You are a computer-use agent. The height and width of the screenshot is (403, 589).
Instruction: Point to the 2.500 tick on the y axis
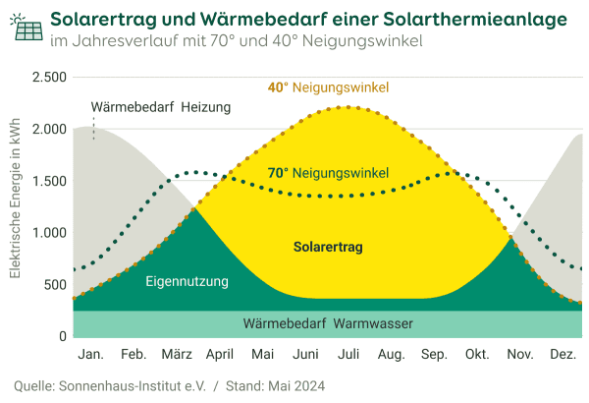[x=48, y=78]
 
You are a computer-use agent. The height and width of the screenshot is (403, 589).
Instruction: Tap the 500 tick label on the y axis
[x=54, y=285]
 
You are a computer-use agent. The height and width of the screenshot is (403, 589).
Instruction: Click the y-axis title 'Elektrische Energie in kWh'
[x=16, y=206]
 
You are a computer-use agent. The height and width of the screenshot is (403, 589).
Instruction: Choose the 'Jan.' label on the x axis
[x=90, y=354]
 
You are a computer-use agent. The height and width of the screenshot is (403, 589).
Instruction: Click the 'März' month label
[x=177, y=354]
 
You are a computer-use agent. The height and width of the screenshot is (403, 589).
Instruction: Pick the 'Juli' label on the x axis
[x=348, y=354]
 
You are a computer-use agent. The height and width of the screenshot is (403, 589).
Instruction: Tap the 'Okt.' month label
[x=477, y=354]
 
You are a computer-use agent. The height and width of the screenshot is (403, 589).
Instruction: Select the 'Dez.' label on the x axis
[x=562, y=354]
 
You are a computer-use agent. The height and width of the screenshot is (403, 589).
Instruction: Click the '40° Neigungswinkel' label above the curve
[x=328, y=87]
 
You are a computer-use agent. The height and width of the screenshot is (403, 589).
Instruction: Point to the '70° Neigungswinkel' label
[x=328, y=173]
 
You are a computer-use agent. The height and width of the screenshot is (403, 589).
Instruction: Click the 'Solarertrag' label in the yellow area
[x=328, y=248]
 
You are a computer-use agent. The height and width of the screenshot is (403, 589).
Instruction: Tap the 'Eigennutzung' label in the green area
[x=187, y=282]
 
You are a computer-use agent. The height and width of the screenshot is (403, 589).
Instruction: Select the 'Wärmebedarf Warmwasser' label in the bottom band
[x=328, y=323]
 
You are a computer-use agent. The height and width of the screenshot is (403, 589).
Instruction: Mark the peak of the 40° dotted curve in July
[x=346, y=107]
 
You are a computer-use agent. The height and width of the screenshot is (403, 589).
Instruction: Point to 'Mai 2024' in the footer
[x=294, y=385]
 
